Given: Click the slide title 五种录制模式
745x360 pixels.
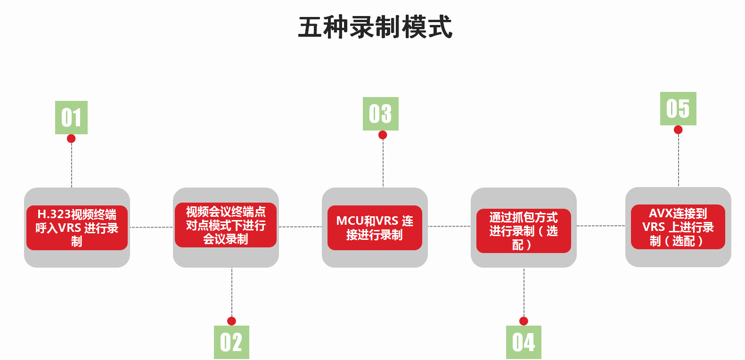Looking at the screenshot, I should (375, 27).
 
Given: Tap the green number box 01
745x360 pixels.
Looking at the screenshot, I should (71, 117).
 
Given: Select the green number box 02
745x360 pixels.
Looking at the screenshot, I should (231, 342).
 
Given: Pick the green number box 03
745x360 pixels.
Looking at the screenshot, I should (380, 114).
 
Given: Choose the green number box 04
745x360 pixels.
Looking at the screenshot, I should (524, 342).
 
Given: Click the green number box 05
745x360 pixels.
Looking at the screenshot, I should (678, 108).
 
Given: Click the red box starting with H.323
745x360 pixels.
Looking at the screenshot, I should (77, 228).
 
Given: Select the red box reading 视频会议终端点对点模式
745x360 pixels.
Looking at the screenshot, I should (226, 225).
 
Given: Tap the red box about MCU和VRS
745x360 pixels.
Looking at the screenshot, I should (375, 228).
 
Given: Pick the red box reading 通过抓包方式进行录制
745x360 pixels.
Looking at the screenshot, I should (524, 231).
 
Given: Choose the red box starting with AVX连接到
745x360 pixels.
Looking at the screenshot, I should (678, 227).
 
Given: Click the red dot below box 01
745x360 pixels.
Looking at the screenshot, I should (71, 139).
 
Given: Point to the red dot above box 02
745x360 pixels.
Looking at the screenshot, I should (231, 321).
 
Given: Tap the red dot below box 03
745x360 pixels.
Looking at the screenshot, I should (383, 135).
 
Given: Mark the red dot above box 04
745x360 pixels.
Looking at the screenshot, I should (524, 321).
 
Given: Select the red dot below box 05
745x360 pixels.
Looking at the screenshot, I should (678, 130).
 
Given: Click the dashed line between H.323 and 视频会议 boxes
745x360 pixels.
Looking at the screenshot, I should (151, 227).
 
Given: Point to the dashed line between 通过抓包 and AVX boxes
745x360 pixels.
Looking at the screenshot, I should (601, 226).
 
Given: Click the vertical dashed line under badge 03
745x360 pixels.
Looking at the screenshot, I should (383, 163).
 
